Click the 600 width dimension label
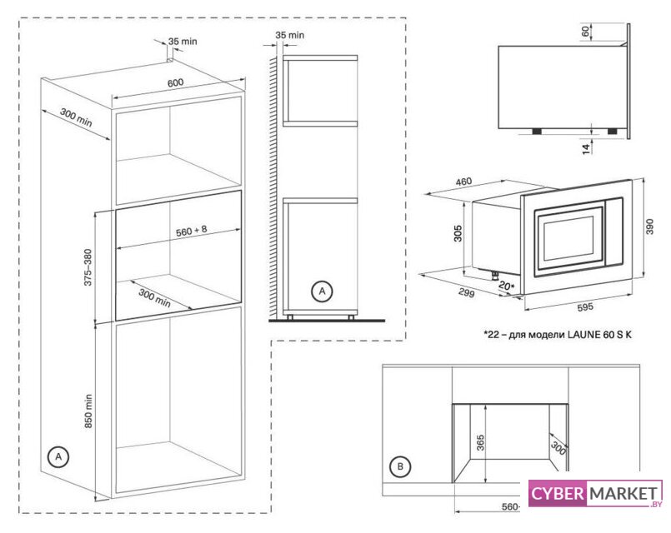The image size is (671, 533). (x=175, y=82)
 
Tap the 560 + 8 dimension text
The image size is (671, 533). (x=191, y=231)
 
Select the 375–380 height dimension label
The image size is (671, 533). (x=88, y=267)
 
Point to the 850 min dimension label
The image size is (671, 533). (x=88, y=411)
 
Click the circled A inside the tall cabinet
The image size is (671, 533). (x=58, y=457)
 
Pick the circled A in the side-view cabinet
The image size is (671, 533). (x=322, y=291)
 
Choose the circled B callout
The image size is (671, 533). (x=400, y=466)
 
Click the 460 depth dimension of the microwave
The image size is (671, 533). (x=463, y=182)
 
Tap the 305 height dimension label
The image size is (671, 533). (x=458, y=233)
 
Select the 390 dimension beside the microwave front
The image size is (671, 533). (x=649, y=227)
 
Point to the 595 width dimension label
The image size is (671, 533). (x=585, y=306)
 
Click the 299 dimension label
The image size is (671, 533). (x=467, y=293)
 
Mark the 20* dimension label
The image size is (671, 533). (x=507, y=286)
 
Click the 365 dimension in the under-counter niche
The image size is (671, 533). (x=481, y=442)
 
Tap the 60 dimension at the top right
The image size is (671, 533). (x=586, y=31)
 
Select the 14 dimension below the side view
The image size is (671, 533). (x=586, y=148)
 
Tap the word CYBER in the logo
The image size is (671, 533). (x=557, y=494)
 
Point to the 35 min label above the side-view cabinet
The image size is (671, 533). (x=290, y=35)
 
